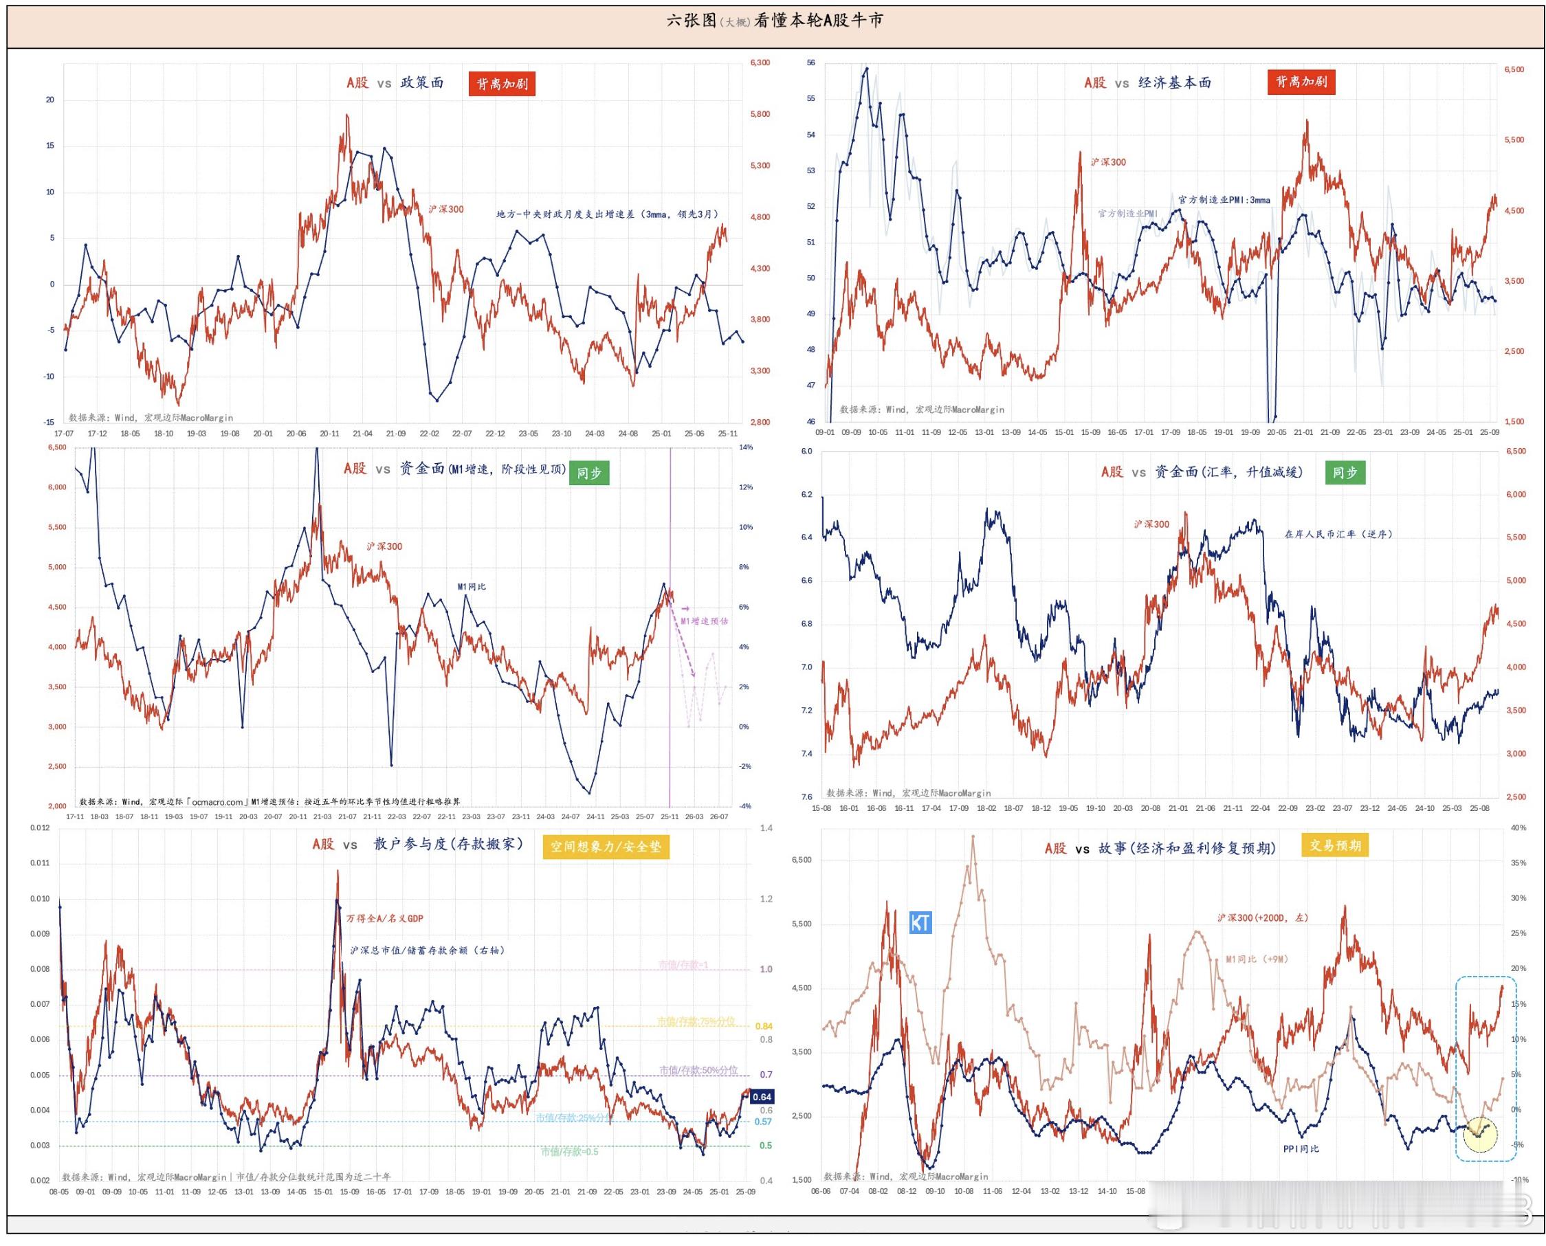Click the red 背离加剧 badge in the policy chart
pyautogui.click(x=502, y=83)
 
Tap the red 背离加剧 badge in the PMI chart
pyautogui.click(x=1301, y=82)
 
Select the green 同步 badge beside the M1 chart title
pyautogui.click(x=588, y=473)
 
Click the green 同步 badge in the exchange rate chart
pyautogui.click(x=1345, y=472)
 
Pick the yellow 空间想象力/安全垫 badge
pyautogui.click(x=605, y=847)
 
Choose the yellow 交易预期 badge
pyautogui.click(x=1334, y=845)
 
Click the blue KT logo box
pyautogui.click(x=920, y=922)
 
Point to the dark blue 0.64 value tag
pyautogui.click(x=762, y=1097)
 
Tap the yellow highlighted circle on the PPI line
pyautogui.click(x=1480, y=1134)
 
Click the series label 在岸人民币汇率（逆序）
pyautogui.click(x=1338, y=534)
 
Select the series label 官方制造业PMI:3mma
pyautogui.click(x=1224, y=199)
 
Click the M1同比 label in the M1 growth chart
pyautogui.click(x=472, y=586)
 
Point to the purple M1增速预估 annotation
pyautogui.click(x=703, y=621)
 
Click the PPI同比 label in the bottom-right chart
pyautogui.click(x=1301, y=1149)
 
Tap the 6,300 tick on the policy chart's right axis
pyautogui.click(x=760, y=63)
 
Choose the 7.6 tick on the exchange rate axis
pyautogui.click(x=806, y=797)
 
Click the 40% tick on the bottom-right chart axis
pyautogui.click(x=1518, y=827)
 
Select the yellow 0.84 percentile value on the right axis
pyautogui.click(x=763, y=1026)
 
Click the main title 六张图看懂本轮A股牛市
pyautogui.click(x=775, y=20)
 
